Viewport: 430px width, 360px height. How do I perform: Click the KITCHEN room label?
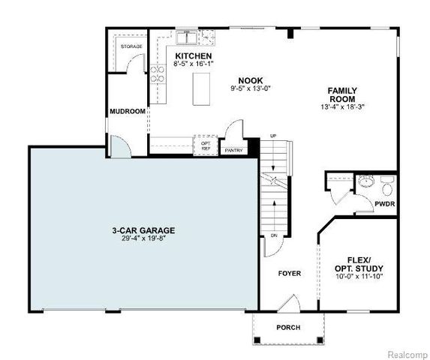tap(193, 56)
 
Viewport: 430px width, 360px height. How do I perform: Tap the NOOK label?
tap(251, 80)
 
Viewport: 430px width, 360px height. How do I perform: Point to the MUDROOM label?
tap(127, 112)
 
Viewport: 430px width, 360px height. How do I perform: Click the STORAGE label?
tap(132, 46)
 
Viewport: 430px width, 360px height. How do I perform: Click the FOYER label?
tap(290, 274)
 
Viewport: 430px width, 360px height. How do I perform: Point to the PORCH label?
tap(289, 327)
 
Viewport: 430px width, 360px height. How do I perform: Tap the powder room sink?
tap(366, 181)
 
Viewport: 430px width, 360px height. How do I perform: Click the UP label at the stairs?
tap(272, 136)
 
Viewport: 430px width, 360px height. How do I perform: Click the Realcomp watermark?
tap(406, 352)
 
